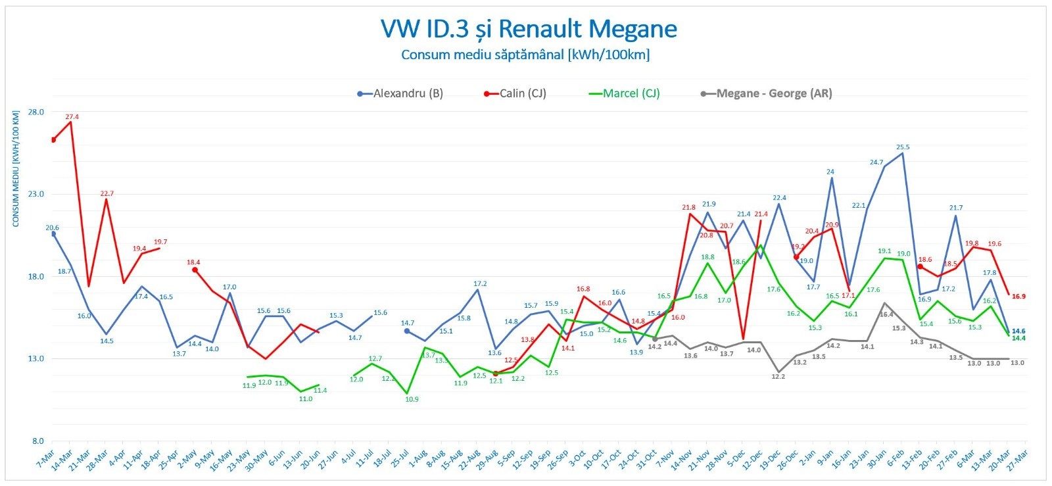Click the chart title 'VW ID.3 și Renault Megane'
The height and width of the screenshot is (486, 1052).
tap(529, 29)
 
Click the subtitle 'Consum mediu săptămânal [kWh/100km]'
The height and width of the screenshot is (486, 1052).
tap(525, 55)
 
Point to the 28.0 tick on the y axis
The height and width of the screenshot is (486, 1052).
tap(36, 112)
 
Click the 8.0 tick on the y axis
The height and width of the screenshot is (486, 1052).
tap(37, 441)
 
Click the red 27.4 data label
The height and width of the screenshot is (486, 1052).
tap(72, 117)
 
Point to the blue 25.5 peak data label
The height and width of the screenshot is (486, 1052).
tap(903, 147)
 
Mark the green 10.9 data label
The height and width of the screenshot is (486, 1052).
tap(412, 399)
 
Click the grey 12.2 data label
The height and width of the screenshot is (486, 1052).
tap(778, 377)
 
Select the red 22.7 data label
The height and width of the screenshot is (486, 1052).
tap(107, 194)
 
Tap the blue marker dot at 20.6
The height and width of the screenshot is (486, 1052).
tap(53, 234)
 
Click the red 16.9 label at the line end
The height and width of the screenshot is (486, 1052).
tap(1018, 297)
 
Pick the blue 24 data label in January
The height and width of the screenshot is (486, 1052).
tap(830, 172)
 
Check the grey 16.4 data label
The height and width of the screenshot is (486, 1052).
tap(886, 314)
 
